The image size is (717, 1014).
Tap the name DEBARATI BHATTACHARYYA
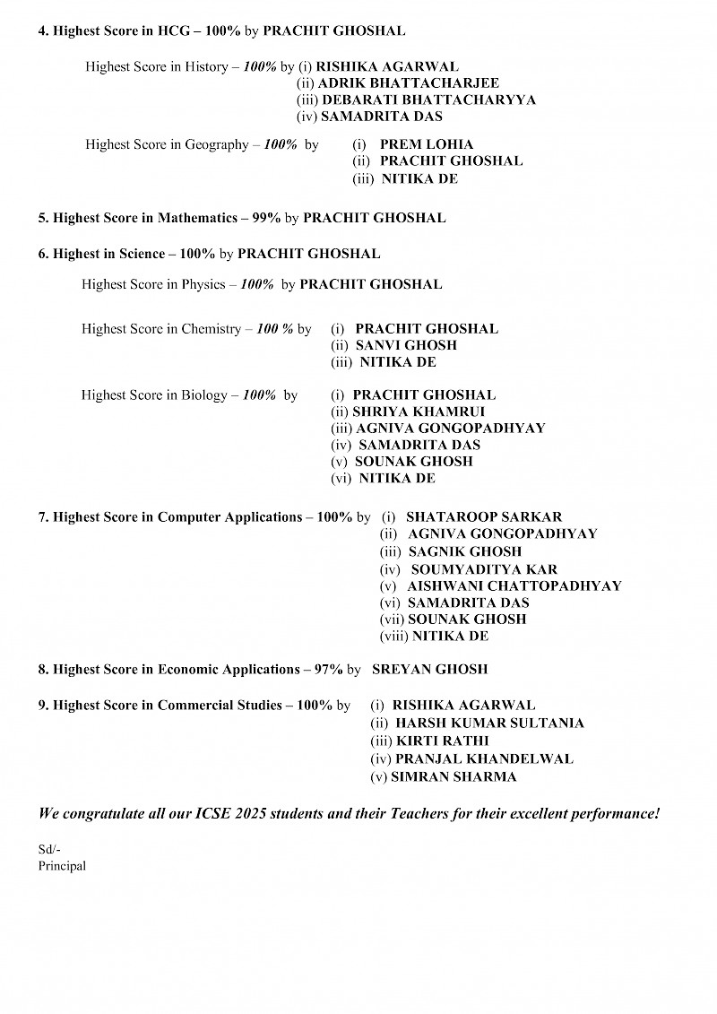[428, 100]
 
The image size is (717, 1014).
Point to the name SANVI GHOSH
[406, 345]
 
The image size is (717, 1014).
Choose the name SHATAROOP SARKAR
[484, 517]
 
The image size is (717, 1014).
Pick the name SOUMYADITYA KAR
[484, 569]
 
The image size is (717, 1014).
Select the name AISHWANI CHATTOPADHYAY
[514, 586]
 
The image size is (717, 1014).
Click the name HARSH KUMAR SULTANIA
[489, 724]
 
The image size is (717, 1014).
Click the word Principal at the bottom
[62, 866]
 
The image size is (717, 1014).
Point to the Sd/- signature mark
[49, 850]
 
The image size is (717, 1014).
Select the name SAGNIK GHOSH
[464, 552]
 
